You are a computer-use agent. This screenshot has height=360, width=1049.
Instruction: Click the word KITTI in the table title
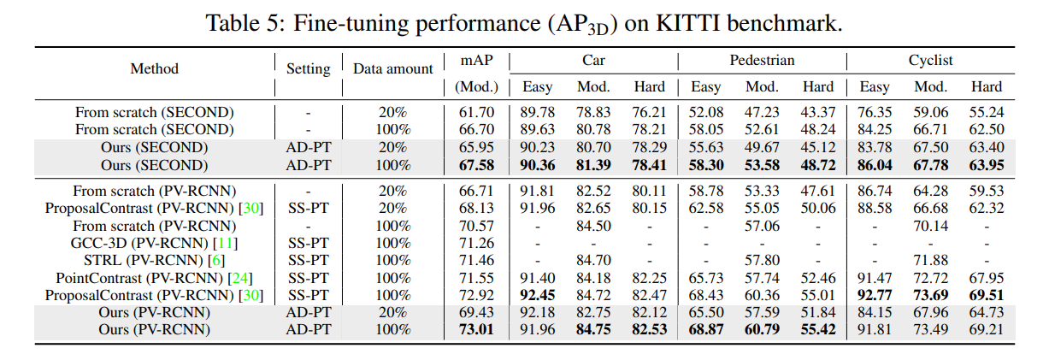(x=688, y=23)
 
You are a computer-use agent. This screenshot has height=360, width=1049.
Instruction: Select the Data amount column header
(x=393, y=68)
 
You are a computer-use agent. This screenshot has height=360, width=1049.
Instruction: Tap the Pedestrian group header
(x=762, y=61)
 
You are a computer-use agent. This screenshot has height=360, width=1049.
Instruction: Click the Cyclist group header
(x=930, y=61)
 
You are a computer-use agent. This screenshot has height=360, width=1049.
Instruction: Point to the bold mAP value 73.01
(x=476, y=329)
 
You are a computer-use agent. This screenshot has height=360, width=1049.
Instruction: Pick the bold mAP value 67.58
(x=476, y=165)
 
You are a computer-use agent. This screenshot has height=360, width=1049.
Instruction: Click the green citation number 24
(x=239, y=278)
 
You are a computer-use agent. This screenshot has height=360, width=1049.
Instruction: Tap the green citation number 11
(x=225, y=243)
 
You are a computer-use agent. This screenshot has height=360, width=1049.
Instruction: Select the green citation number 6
(x=216, y=260)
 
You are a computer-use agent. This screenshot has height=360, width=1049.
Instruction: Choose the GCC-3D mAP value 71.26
(x=476, y=243)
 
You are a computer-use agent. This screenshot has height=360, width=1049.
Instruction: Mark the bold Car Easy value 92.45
(x=537, y=295)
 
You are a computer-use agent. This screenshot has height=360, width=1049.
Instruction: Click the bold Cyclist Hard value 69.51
(x=987, y=295)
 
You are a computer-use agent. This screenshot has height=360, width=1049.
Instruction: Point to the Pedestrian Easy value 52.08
(x=705, y=112)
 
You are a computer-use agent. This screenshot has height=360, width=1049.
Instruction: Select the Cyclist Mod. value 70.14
(x=930, y=226)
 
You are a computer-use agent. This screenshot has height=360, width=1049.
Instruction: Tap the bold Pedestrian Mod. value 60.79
(x=762, y=329)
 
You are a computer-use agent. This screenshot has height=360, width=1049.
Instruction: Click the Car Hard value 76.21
(x=649, y=112)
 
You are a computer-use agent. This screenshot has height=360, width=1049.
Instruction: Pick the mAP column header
(x=476, y=61)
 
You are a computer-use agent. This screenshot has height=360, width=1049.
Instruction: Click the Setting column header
(x=308, y=69)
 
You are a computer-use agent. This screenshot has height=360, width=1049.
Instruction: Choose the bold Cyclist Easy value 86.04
(x=875, y=165)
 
